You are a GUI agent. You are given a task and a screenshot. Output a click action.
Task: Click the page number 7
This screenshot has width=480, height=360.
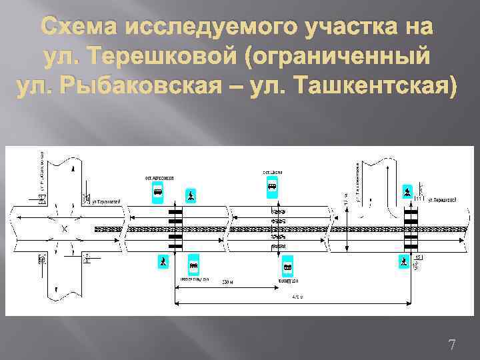(452, 345)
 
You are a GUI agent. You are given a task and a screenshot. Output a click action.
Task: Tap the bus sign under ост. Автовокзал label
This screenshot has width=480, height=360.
(158, 194)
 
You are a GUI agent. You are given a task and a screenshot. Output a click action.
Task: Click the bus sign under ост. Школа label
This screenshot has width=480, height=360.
(272, 186)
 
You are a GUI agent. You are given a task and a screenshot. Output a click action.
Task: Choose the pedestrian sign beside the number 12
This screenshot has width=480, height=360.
(403, 261)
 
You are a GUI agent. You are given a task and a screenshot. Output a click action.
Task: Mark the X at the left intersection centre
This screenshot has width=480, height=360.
(65, 229)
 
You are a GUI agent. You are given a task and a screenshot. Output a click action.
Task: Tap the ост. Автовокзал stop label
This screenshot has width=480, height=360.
(158, 178)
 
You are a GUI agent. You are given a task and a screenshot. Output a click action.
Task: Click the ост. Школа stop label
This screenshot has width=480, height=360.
(272, 172)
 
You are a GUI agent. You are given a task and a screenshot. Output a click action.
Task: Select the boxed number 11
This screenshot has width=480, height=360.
(418, 199)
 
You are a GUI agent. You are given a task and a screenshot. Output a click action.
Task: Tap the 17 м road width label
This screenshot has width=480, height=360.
(346, 199)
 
